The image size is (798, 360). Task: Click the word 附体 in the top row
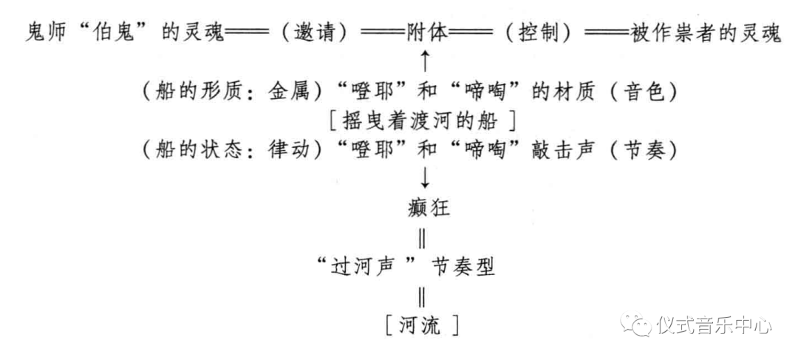[426, 34]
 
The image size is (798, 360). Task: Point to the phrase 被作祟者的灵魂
[706, 34]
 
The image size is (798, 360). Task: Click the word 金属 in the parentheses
[283, 92]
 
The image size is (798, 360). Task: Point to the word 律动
[283, 150]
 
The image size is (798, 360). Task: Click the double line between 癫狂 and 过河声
[422, 238]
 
